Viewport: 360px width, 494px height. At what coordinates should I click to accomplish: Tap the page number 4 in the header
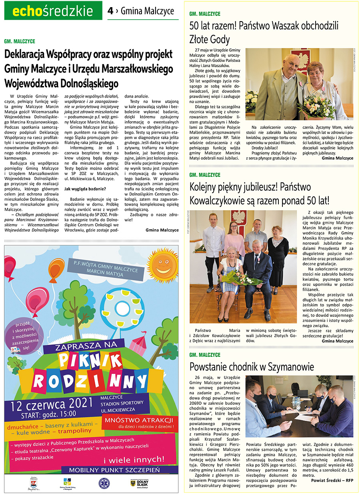coord(110,11)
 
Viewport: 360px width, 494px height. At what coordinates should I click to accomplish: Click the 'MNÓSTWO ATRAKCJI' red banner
coord(138,420)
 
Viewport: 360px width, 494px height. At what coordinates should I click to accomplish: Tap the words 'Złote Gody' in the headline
coord(210,39)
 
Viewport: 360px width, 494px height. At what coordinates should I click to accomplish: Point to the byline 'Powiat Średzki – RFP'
coord(332,480)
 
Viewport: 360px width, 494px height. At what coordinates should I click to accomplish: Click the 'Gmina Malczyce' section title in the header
coord(147,11)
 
